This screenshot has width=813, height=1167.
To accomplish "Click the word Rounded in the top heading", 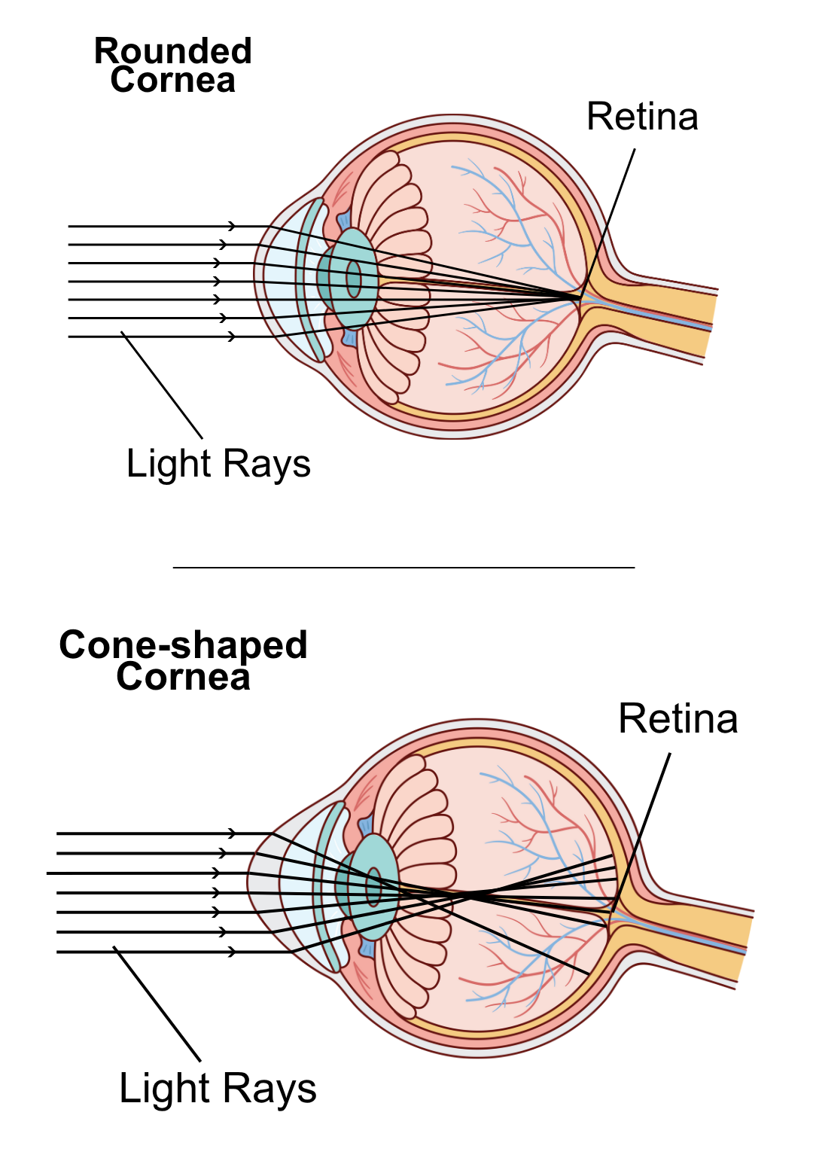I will pyautogui.click(x=172, y=51).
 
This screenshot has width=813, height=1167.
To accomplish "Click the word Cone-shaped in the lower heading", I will pyautogui.click(x=183, y=644).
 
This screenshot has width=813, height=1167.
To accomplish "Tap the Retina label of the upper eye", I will pyautogui.click(x=642, y=117).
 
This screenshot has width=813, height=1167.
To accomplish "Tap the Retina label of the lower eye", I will pyautogui.click(x=677, y=718).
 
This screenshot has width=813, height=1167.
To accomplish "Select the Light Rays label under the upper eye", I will pyautogui.click(x=218, y=463).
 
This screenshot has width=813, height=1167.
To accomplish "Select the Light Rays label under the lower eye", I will pyautogui.click(x=218, y=1088).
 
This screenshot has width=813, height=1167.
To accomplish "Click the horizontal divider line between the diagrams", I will pyautogui.click(x=403, y=567).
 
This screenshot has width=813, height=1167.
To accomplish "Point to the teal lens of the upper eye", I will pyautogui.click(x=354, y=279).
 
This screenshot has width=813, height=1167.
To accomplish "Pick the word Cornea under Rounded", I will pyautogui.click(x=172, y=81).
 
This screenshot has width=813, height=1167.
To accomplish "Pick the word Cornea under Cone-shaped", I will pyautogui.click(x=183, y=676).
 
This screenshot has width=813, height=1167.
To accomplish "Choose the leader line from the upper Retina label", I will pyautogui.click(x=610, y=218).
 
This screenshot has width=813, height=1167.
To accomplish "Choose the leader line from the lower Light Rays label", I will pyautogui.click(x=157, y=1003).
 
